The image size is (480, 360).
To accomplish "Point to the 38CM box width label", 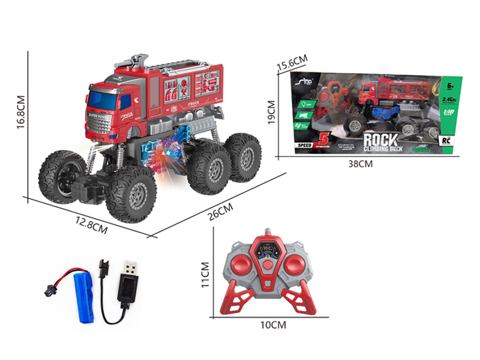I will (x=367, y=163).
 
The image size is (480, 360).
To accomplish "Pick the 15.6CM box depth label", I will (x=292, y=61).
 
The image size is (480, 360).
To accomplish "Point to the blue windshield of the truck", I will (x=106, y=96).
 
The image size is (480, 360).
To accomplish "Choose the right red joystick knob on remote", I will (x=297, y=263).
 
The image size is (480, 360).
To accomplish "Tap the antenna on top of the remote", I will (x=268, y=232).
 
